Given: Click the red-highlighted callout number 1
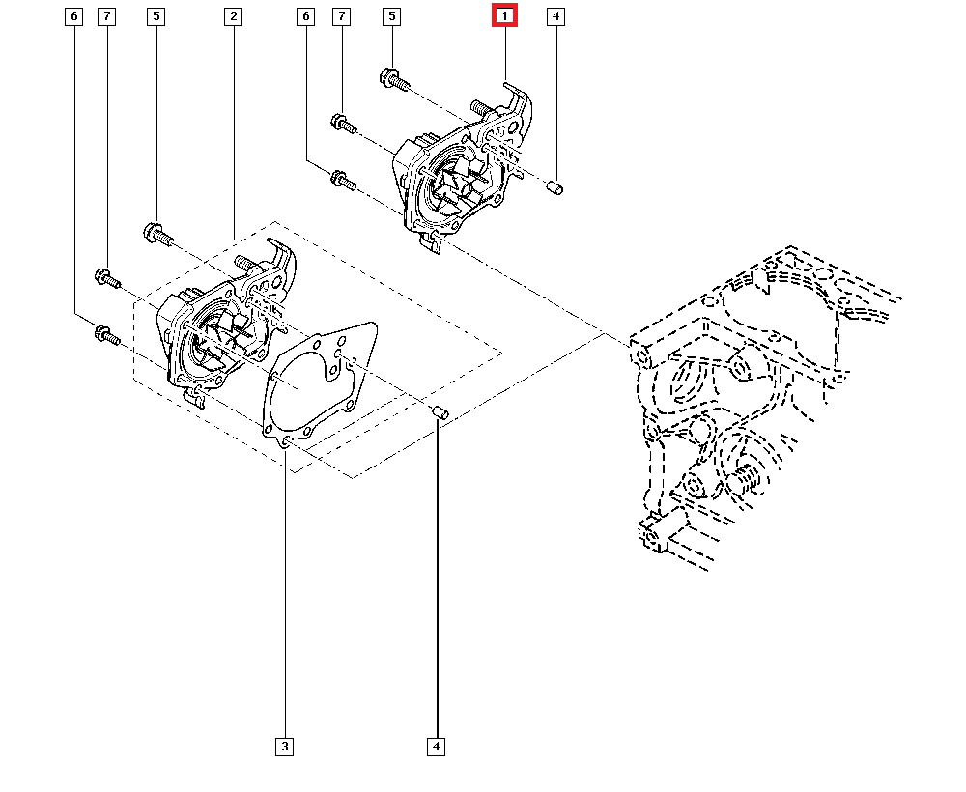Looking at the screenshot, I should pos(504,16).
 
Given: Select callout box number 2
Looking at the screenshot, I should pos(233,16).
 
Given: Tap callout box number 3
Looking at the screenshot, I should pos(284,746).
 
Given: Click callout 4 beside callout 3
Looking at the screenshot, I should pos(437,746).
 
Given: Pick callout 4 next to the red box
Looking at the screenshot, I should pos(555,16).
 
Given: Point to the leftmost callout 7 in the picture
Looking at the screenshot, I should pos(106,16).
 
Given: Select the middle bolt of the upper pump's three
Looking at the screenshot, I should pos(343,123).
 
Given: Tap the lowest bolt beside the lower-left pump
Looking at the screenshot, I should pos(105,336).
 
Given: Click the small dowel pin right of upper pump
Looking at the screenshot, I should pos(554,186).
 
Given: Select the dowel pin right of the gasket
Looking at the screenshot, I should pos(440,413).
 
